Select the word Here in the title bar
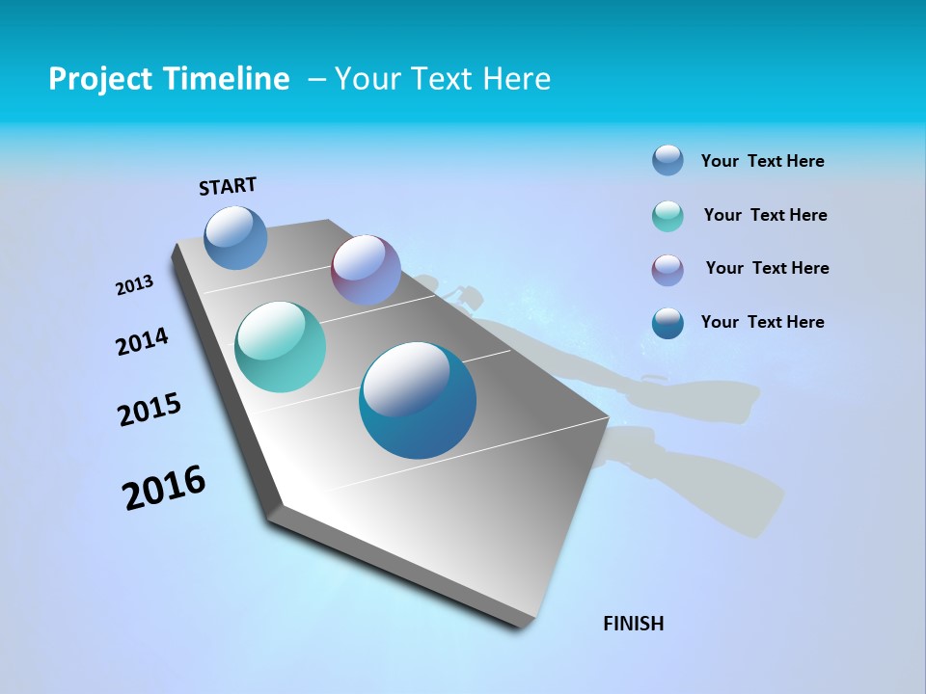tap(517, 79)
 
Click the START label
tap(228, 186)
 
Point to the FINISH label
tap(633, 624)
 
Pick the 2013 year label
tap(135, 285)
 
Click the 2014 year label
tap(142, 341)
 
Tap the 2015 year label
tap(150, 410)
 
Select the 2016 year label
tap(164, 488)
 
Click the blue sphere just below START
tap(236, 237)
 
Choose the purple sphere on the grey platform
tap(366, 270)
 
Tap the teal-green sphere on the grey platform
tap(281, 347)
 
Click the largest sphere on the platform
tap(418, 400)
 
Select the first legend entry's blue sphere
tap(667, 160)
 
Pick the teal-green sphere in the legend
tap(667, 216)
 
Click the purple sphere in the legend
tap(667, 270)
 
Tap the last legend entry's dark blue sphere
tap(667, 323)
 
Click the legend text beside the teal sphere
tap(765, 215)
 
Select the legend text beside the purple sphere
tap(767, 268)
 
